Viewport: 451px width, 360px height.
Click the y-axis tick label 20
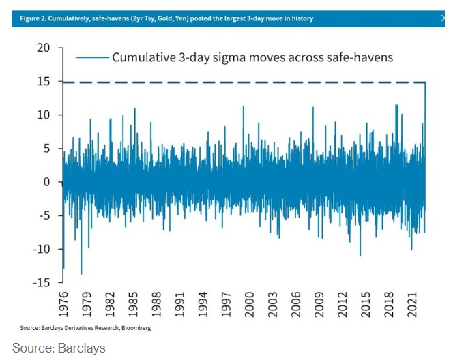coord(42,48)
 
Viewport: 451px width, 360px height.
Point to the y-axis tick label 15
coord(42,81)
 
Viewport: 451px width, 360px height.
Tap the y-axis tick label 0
coord(46,182)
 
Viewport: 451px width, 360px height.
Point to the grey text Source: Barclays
coord(59,348)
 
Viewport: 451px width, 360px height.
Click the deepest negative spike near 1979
coord(81,271)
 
